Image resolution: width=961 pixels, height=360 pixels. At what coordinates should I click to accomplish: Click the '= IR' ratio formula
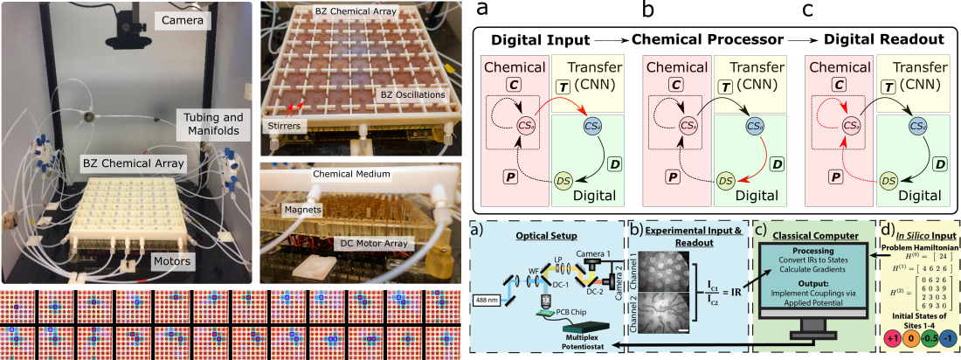coord(718,285)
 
